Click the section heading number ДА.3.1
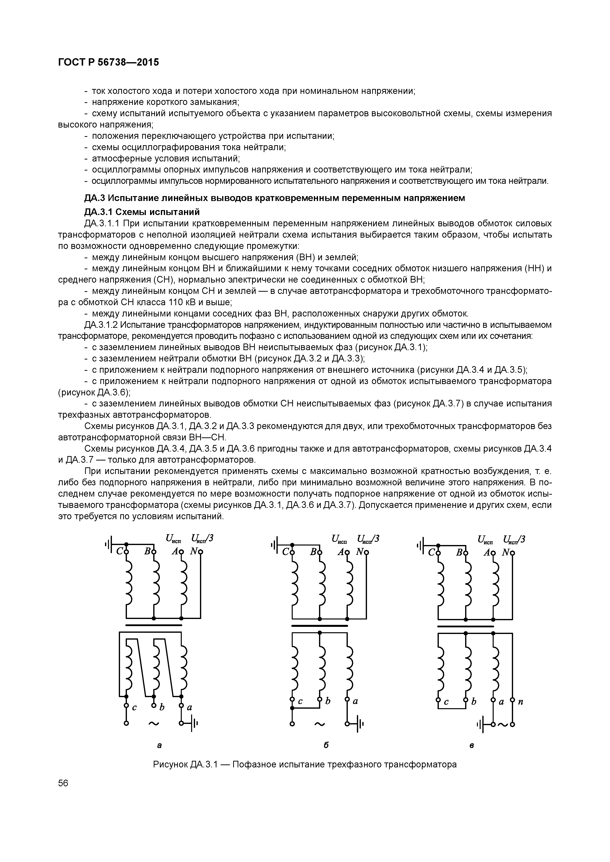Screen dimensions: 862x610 (x=98, y=212)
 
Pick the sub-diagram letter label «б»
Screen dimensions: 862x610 (x=326, y=745)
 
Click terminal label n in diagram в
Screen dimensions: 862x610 (x=520, y=701)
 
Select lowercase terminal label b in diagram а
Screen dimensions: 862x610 (x=162, y=707)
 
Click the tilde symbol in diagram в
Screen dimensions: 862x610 (x=503, y=724)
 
